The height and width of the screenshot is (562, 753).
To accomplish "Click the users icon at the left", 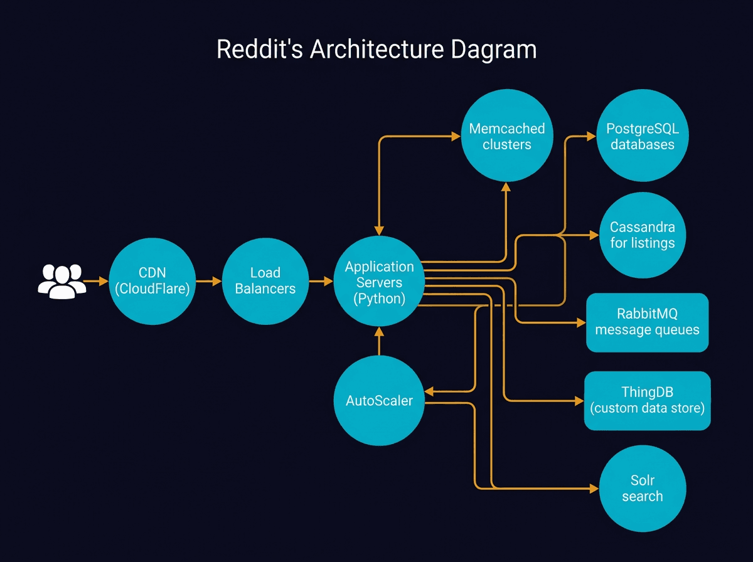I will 61,281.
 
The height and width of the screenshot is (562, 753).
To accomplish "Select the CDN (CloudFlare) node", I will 152,281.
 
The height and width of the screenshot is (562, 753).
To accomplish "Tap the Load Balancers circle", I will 265,281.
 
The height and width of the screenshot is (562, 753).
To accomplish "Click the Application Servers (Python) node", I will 379,282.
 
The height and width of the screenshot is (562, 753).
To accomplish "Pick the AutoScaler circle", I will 379,400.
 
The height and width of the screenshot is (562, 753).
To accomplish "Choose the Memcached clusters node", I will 507,137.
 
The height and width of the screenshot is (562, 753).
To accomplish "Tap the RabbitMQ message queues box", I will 647,322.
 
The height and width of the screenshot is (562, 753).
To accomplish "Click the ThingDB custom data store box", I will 647,400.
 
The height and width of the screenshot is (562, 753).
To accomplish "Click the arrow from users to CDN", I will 96,282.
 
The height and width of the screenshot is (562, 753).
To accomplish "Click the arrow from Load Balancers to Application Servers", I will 321,282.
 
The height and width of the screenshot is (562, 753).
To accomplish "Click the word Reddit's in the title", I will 254,50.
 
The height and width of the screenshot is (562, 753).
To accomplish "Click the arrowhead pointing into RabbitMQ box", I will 580,322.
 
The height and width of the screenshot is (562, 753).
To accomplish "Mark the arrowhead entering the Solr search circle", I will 594,488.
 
